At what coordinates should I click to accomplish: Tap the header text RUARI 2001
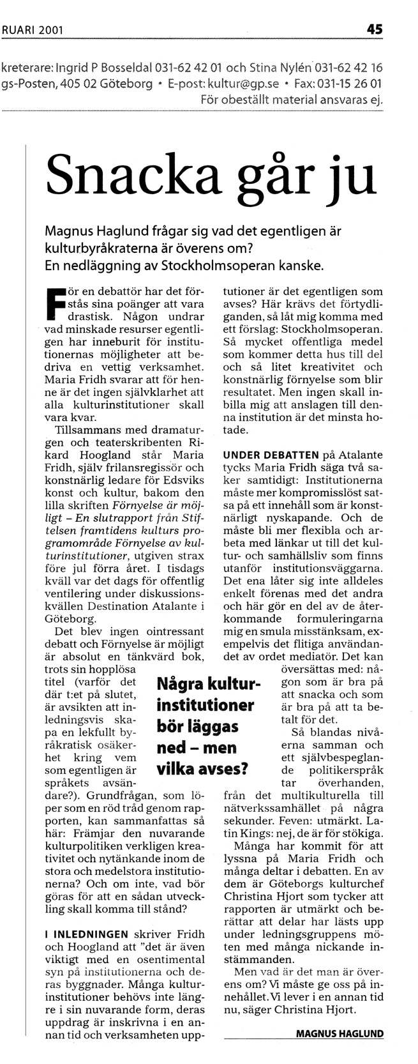pyautogui.click(x=28, y=29)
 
